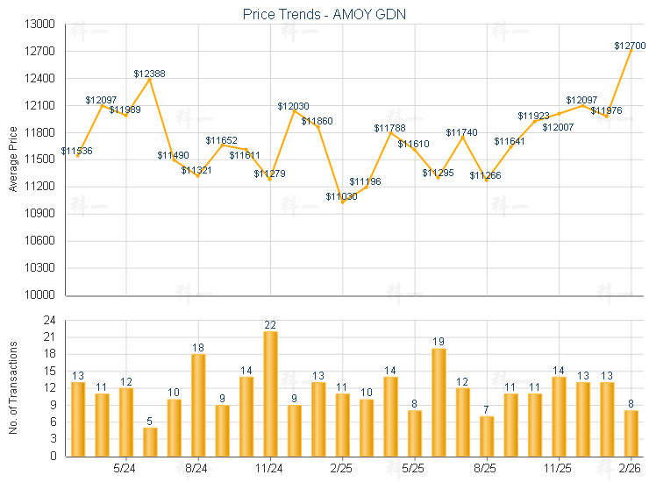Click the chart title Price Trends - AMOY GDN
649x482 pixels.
324,14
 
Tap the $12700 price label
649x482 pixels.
630,45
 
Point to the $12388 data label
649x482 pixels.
150,74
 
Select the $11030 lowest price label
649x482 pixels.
341,196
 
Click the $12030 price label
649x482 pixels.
293,106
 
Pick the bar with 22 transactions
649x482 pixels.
270,393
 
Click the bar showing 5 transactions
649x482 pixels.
150,442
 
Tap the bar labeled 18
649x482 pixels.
198,405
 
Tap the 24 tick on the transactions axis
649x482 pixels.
49,321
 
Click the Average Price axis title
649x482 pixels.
12,159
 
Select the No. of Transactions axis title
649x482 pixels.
12,388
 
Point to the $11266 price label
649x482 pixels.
485,175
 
